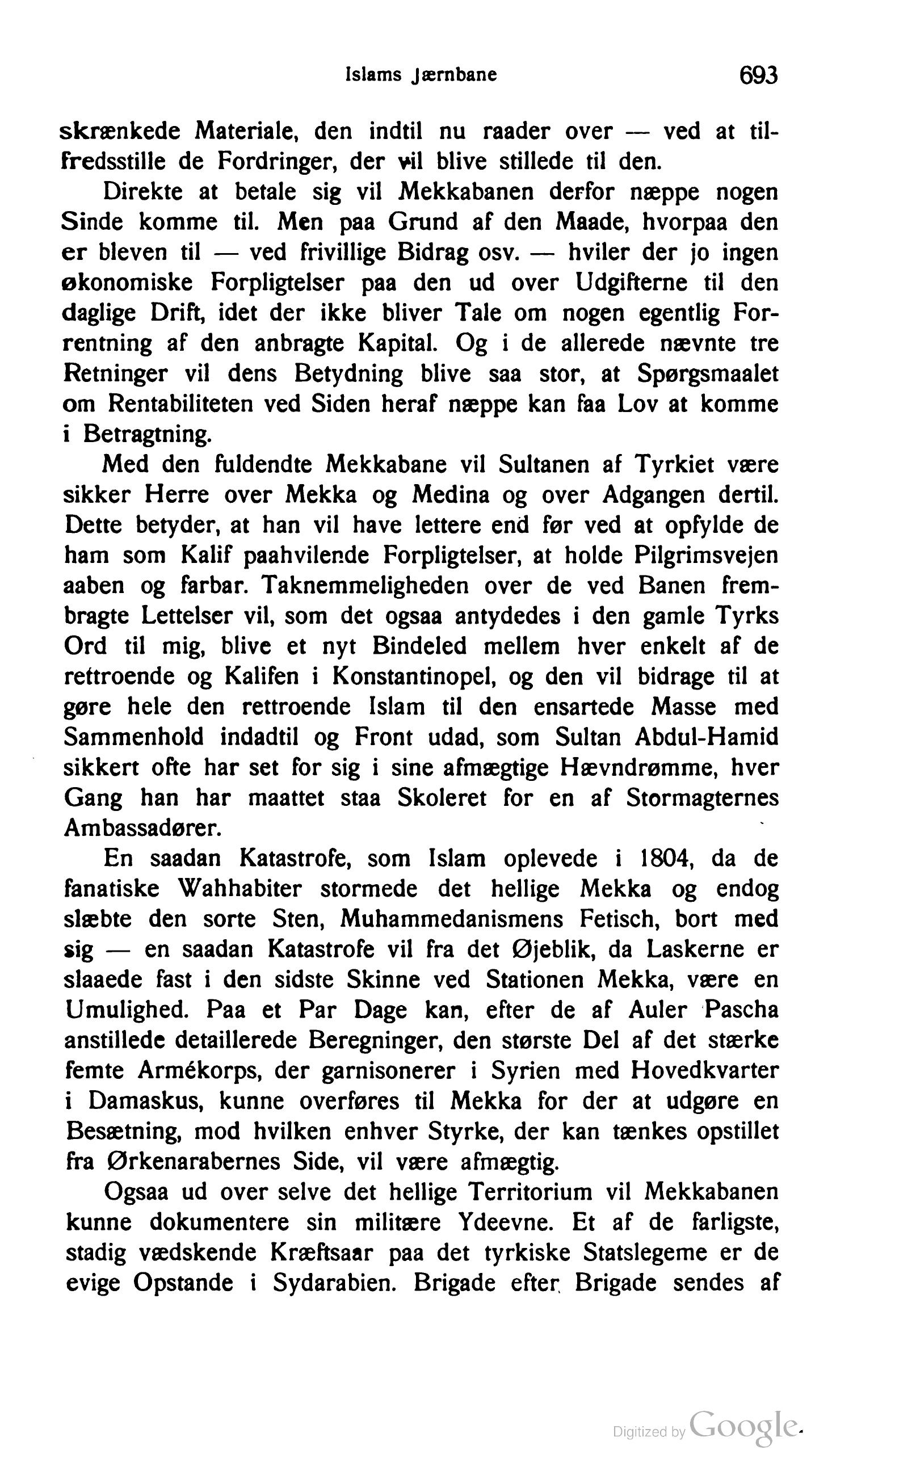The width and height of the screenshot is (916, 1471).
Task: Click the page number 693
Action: click(x=757, y=75)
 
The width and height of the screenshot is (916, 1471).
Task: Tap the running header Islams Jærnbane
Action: click(x=421, y=74)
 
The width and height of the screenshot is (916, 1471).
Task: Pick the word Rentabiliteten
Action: click(x=180, y=404)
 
